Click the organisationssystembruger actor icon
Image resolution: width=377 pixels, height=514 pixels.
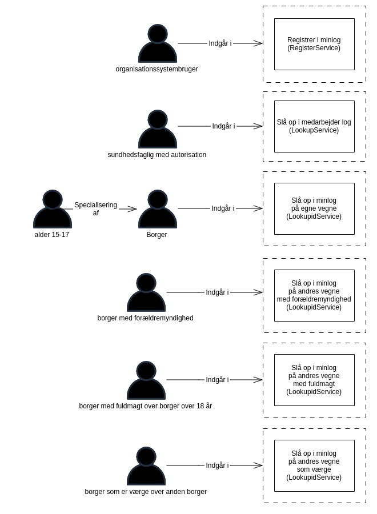coord(157,45)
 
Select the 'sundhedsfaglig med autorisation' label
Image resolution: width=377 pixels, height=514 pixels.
coord(157,155)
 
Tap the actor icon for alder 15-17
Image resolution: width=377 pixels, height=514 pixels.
coord(52,210)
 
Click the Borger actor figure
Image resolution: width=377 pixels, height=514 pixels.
coord(157,210)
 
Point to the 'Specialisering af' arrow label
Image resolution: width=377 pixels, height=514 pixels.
coord(96,209)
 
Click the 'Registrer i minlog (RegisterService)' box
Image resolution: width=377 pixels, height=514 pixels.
coord(314,45)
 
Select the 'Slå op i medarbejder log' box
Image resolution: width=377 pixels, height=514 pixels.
coord(314,127)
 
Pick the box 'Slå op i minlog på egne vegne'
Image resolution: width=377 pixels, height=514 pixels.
coord(314,209)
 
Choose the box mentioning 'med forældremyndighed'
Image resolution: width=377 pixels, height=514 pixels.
coord(314,296)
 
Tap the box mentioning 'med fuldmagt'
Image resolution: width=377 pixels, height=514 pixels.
coord(314,380)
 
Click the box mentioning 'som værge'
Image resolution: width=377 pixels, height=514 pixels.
coord(314,466)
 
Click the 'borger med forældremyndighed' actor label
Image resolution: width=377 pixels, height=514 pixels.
coord(145,318)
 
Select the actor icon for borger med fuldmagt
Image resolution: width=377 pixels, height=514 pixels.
coord(146,381)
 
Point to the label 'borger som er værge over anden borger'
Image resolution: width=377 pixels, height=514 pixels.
coord(146,492)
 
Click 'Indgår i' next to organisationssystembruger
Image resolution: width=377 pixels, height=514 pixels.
coord(220,43)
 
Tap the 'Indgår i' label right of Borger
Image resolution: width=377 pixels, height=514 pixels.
coord(223,208)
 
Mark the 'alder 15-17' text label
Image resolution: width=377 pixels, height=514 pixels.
coord(52,235)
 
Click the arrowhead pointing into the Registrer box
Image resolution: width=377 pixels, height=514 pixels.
coord(259,43)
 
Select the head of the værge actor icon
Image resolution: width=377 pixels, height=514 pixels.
coord(146,456)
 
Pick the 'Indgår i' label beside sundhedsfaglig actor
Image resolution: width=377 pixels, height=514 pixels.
coord(223,126)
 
